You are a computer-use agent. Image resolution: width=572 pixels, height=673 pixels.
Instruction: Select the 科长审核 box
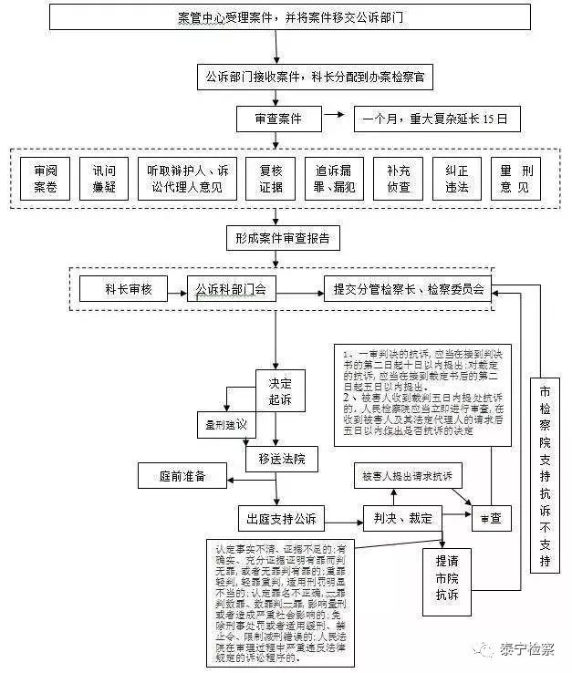pos(134,290)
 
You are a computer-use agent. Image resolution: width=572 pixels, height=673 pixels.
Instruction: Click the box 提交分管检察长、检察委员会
pos(409,290)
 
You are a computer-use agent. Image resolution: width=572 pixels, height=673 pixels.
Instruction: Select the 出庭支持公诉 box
pos(281,519)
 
